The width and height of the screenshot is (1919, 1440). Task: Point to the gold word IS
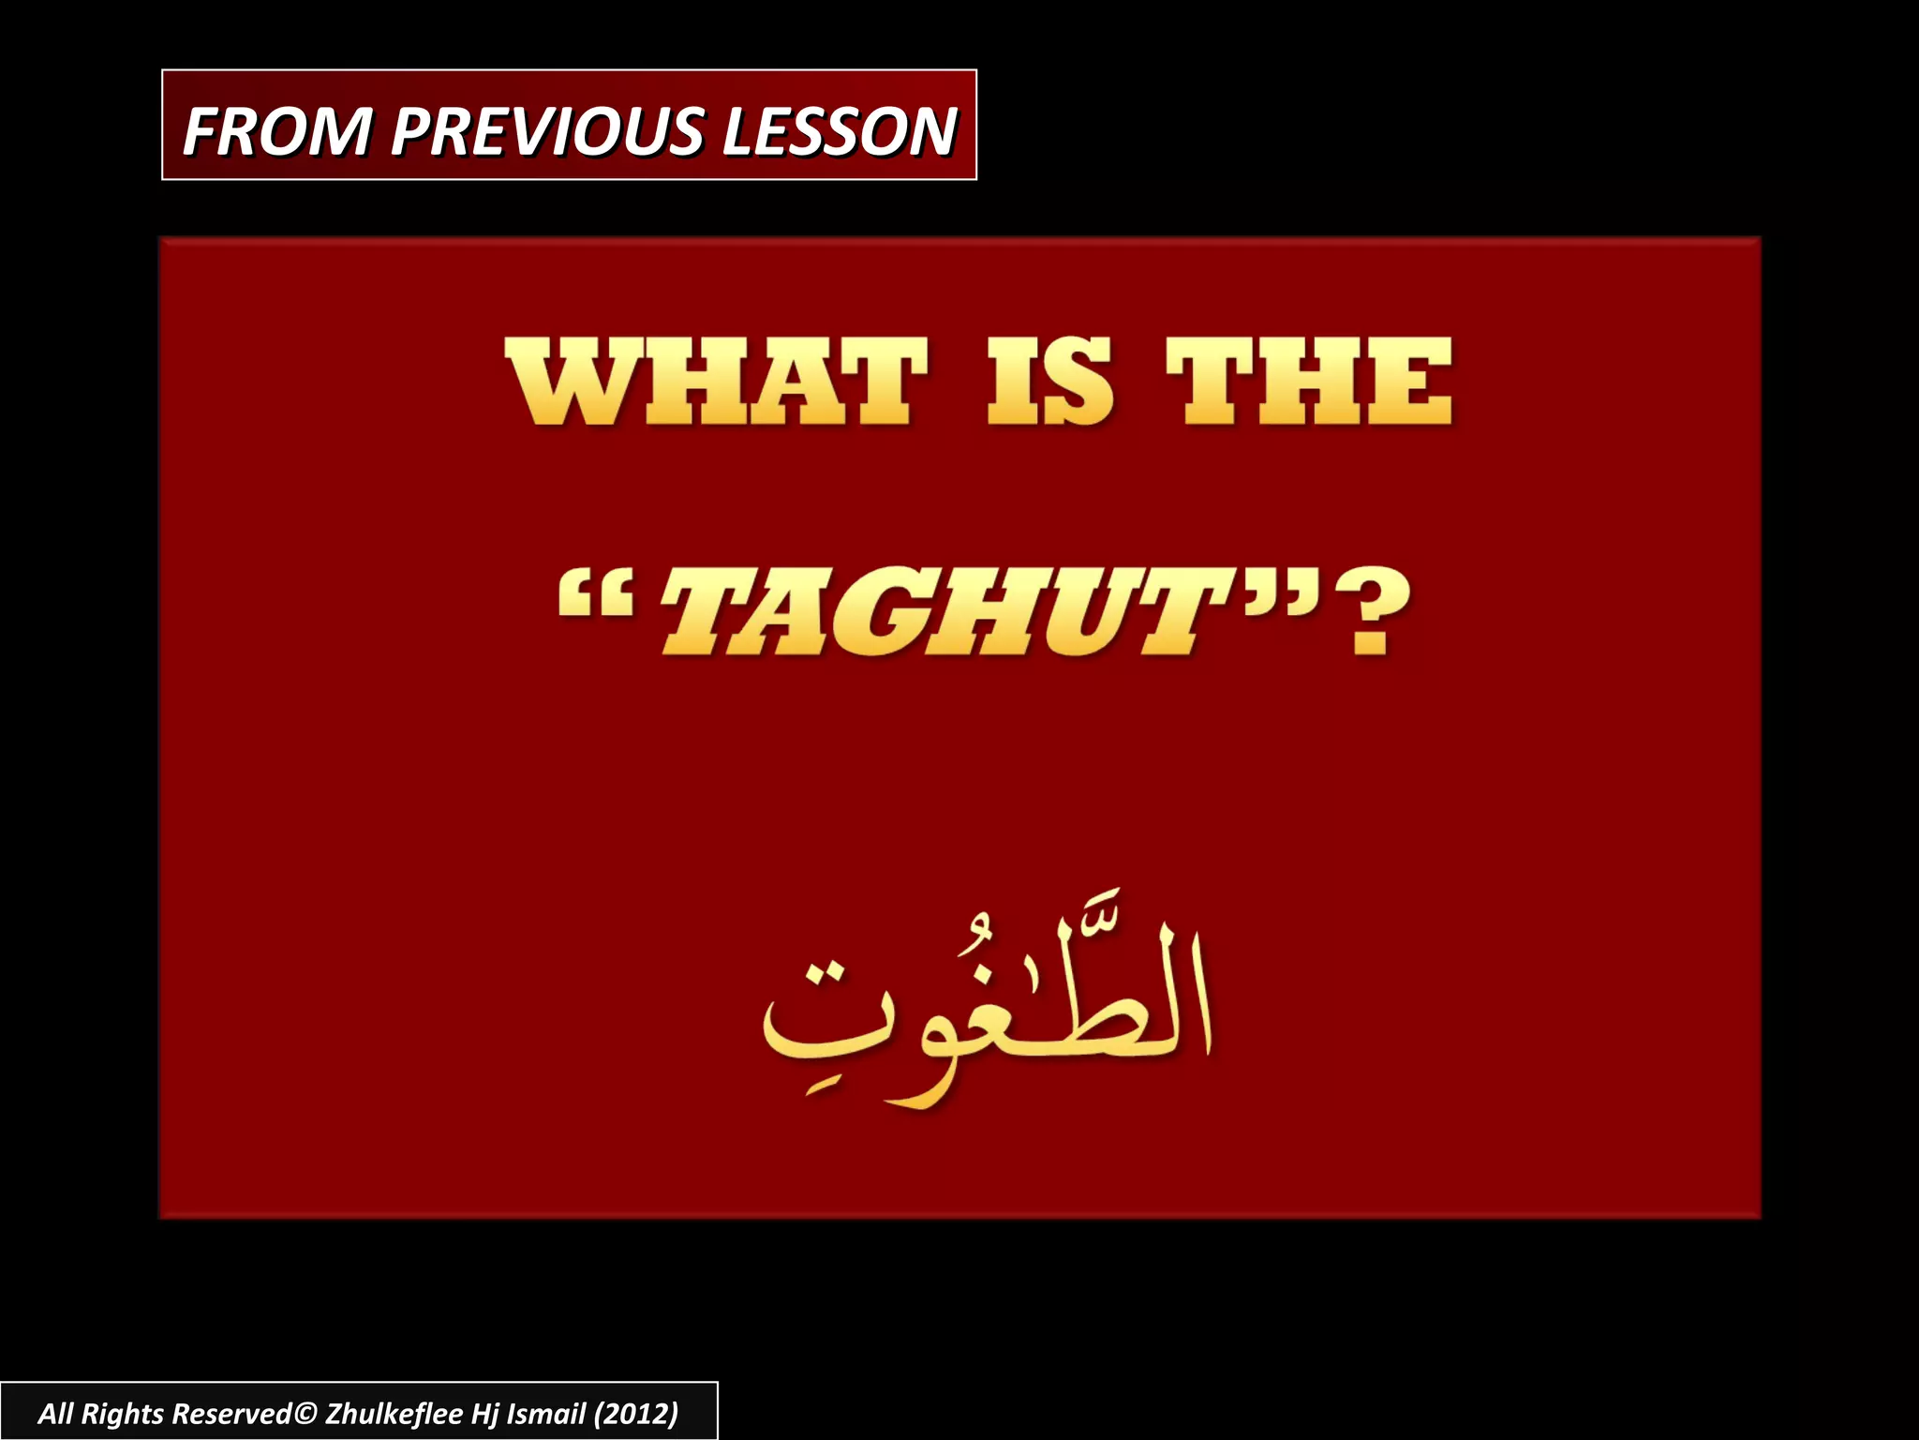click(x=1049, y=383)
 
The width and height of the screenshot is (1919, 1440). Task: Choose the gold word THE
click(x=1309, y=383)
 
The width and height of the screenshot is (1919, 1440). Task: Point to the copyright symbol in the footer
click(x=305, y=1413)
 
